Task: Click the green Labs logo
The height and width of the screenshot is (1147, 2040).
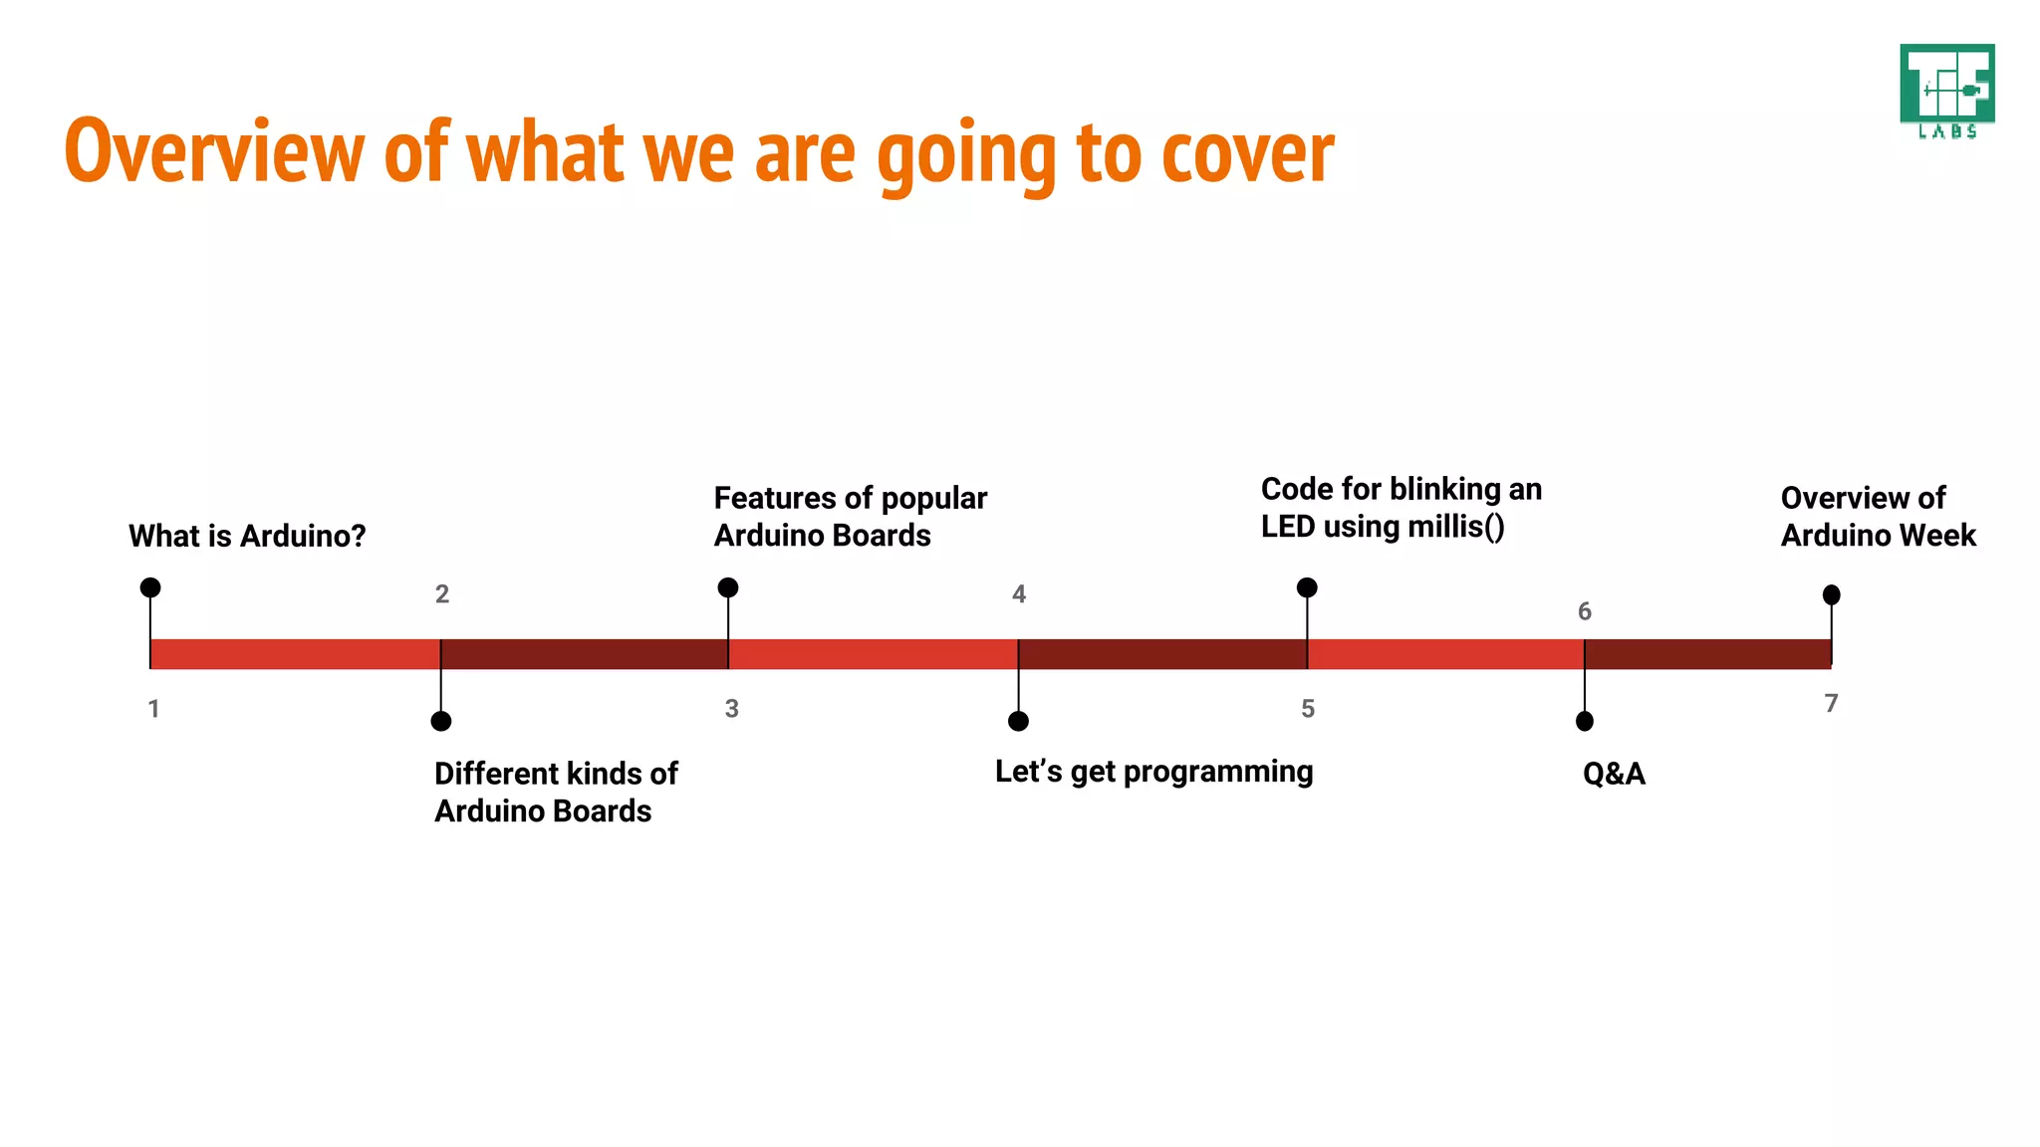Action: click(1946, 91)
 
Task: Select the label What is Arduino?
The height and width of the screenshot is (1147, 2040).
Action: click(247, 536)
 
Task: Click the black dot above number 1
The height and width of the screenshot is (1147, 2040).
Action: click(150, 587)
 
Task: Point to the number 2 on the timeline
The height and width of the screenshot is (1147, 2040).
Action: click(442, 594)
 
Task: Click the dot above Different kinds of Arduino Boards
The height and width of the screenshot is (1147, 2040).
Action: click(441, 721)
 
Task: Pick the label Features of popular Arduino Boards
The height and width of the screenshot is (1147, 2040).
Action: click(850, 516)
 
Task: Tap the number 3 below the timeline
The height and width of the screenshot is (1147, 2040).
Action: click(731, 709)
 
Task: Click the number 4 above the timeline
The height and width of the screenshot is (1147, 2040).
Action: click(1018, 594)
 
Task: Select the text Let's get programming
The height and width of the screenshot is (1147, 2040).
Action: click(1153, 772)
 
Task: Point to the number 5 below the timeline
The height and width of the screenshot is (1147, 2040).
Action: click(1308, 709)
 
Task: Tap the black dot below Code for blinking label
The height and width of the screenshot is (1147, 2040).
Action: click(1307, 587)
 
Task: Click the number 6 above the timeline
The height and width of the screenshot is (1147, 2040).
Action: click(1584, 611)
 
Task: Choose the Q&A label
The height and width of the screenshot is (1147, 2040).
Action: click(1614, 774)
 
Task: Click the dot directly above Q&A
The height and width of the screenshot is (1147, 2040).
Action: click(1585, 721)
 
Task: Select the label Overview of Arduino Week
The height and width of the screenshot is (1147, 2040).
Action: click(1877, 516)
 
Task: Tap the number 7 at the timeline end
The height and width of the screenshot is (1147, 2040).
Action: click(1831, 703)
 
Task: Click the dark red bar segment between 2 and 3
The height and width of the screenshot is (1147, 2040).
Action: click(585, 654)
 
